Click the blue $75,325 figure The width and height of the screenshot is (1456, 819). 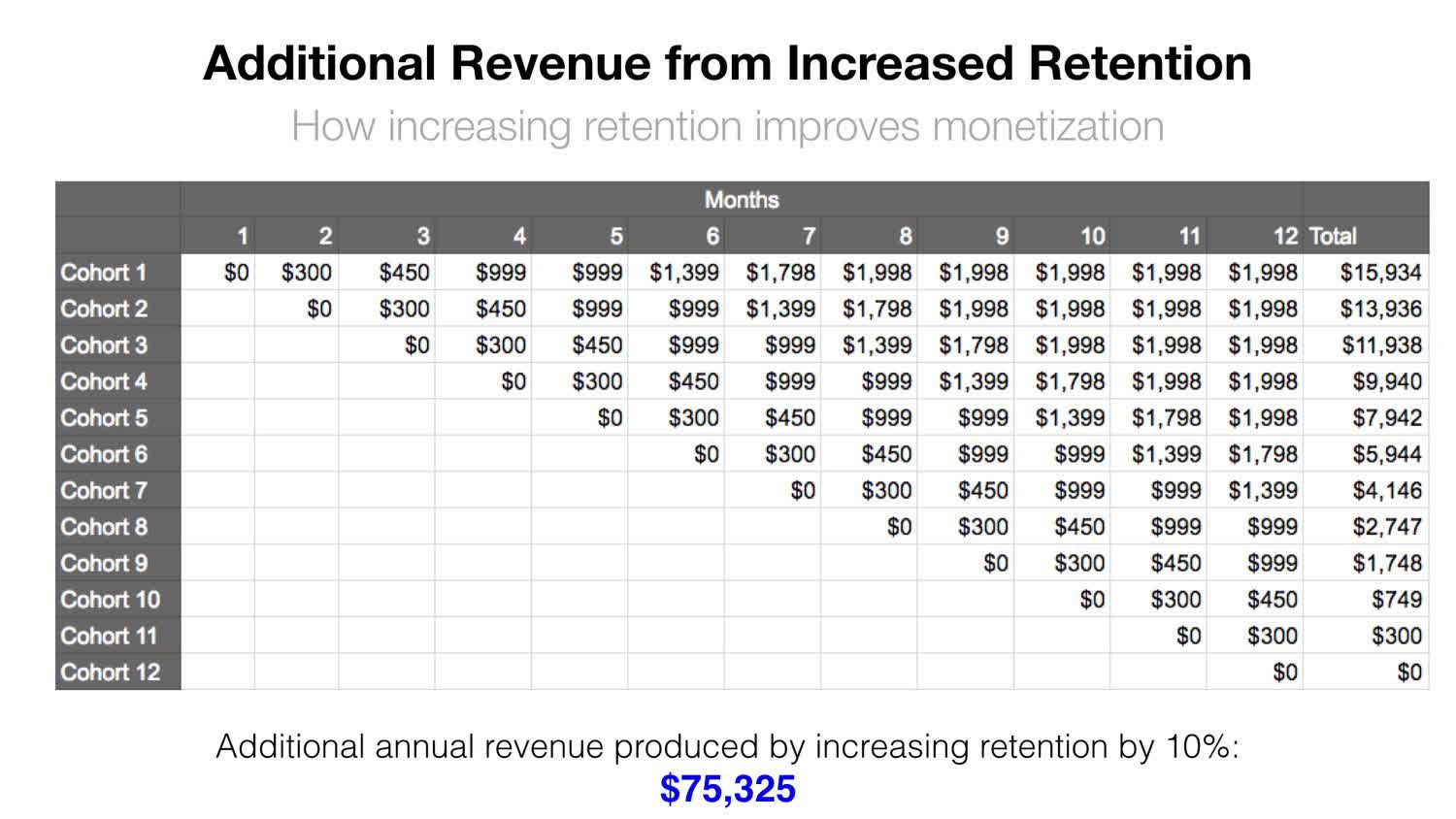click(x=727, y=789)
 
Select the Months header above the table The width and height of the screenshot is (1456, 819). click(x=742, y=200)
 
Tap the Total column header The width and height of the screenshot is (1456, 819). click(x=1333, y=236)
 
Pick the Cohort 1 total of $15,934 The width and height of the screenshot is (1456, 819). click(x=1380, y=273)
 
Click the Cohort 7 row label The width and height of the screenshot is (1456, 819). click(x=104, y=490)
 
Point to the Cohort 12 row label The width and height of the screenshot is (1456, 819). click(x=110, y=672)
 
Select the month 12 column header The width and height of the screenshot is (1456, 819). click(x=1284, y=236)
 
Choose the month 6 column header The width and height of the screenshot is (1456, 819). click(x=712, y=236)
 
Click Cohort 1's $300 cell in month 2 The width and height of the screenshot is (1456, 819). click(x=307, y=273)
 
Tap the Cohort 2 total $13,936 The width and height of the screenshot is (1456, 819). click(x=1380, y=309)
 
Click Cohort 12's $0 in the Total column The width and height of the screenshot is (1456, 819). click(x=1409, y=672)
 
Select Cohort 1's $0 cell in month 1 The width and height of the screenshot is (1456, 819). click(x=236, y=273)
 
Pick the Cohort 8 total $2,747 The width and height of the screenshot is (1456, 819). click(x=1386, y=527)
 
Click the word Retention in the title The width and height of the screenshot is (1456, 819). click(x=1140, y=63)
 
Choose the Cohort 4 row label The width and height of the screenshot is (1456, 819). click(x=104, y=381)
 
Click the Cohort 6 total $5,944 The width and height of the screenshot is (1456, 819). click(x=1386, y=454)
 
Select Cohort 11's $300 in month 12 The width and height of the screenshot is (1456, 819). click(x=1272, y=637)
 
